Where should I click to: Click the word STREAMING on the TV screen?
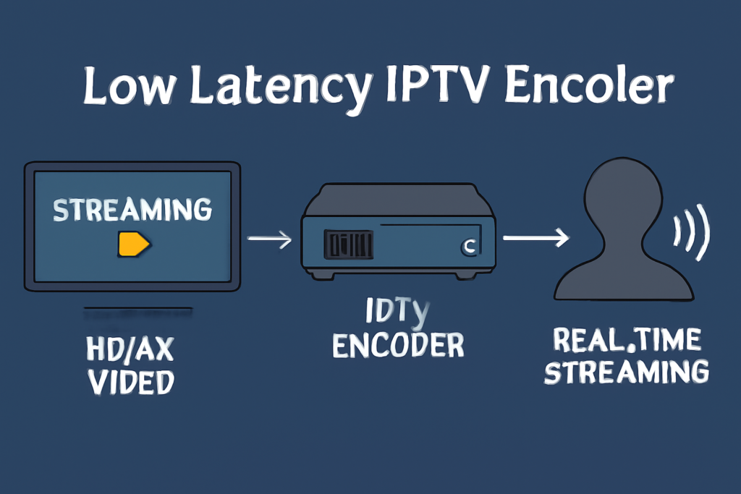tap(133, 210)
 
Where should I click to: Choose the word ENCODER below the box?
tap(397, 346)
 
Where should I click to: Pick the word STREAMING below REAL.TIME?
tap(627, 372)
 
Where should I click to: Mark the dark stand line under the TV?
tap(137, 310)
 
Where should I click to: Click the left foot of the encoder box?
tap(318, 274)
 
